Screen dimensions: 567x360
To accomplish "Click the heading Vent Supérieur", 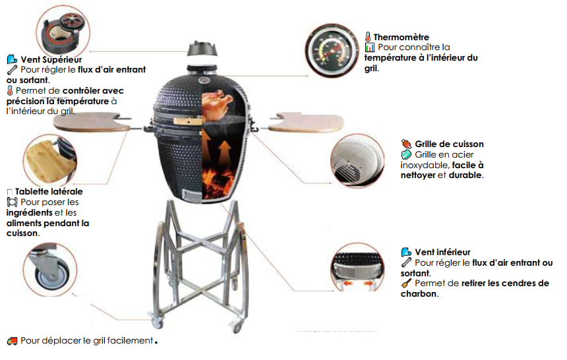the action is click(51, 59).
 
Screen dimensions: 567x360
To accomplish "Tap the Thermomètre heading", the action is click(401, 37).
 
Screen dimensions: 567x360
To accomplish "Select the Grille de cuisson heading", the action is click(449, 144).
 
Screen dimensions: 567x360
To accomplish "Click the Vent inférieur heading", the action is click(442, 252).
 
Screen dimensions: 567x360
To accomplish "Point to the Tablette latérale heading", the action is click(49, 191).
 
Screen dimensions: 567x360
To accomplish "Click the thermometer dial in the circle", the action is click(332, 51).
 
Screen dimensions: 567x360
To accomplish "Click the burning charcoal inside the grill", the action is click(218, 183).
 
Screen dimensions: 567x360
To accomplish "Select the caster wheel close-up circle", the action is click(50, 269).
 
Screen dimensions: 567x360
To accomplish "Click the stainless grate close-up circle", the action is click(357, 161).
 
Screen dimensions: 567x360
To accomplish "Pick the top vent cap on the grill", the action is click(202, 49).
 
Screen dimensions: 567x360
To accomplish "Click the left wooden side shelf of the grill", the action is click(92, 121).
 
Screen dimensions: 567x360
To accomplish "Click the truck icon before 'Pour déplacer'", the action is click(13, 341).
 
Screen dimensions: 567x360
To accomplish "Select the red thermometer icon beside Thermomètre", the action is click(368, 37).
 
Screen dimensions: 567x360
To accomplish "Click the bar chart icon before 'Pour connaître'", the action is click(370, 47).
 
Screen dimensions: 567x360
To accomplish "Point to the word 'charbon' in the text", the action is click(419, 294).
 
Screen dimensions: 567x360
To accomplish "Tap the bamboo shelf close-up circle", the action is click(50, 161).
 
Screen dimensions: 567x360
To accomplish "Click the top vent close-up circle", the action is click(63, 32).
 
